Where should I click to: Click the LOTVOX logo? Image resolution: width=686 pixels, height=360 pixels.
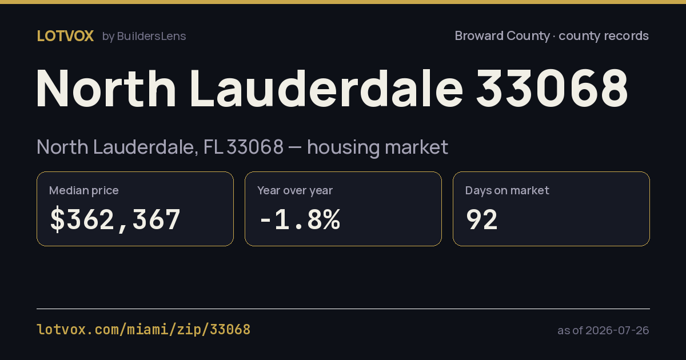(65, 36)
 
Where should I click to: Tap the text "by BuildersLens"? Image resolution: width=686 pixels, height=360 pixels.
(144, 37)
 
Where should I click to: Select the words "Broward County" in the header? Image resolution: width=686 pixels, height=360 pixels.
(502, 36)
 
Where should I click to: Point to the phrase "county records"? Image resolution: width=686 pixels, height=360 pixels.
(604, 36)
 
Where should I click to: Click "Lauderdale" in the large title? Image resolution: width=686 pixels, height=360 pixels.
(326, 88)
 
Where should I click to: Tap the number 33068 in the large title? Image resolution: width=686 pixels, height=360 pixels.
(552, 88)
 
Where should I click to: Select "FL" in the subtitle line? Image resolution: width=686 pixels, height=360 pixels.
(213, 147)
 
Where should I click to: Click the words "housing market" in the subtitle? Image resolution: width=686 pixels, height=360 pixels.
(378, 147)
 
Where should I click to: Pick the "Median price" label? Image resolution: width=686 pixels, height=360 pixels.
(83, 190)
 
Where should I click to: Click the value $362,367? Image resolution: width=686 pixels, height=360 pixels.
(115, 219)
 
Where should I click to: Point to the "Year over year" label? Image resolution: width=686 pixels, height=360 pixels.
(295, 190)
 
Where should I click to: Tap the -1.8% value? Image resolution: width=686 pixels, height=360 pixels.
(300, 219)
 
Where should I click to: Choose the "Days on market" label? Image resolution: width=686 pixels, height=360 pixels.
(507, 190)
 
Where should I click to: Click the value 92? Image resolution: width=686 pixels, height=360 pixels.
(482, 219)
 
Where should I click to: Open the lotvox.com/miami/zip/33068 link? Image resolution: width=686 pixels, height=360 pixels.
(143, 330)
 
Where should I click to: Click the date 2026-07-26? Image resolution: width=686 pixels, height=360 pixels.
(617, 330)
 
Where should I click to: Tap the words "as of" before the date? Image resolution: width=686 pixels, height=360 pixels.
(570, 331)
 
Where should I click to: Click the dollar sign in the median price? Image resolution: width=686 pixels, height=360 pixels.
(58, 219)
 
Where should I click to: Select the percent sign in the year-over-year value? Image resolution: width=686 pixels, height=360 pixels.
(332, 219)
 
